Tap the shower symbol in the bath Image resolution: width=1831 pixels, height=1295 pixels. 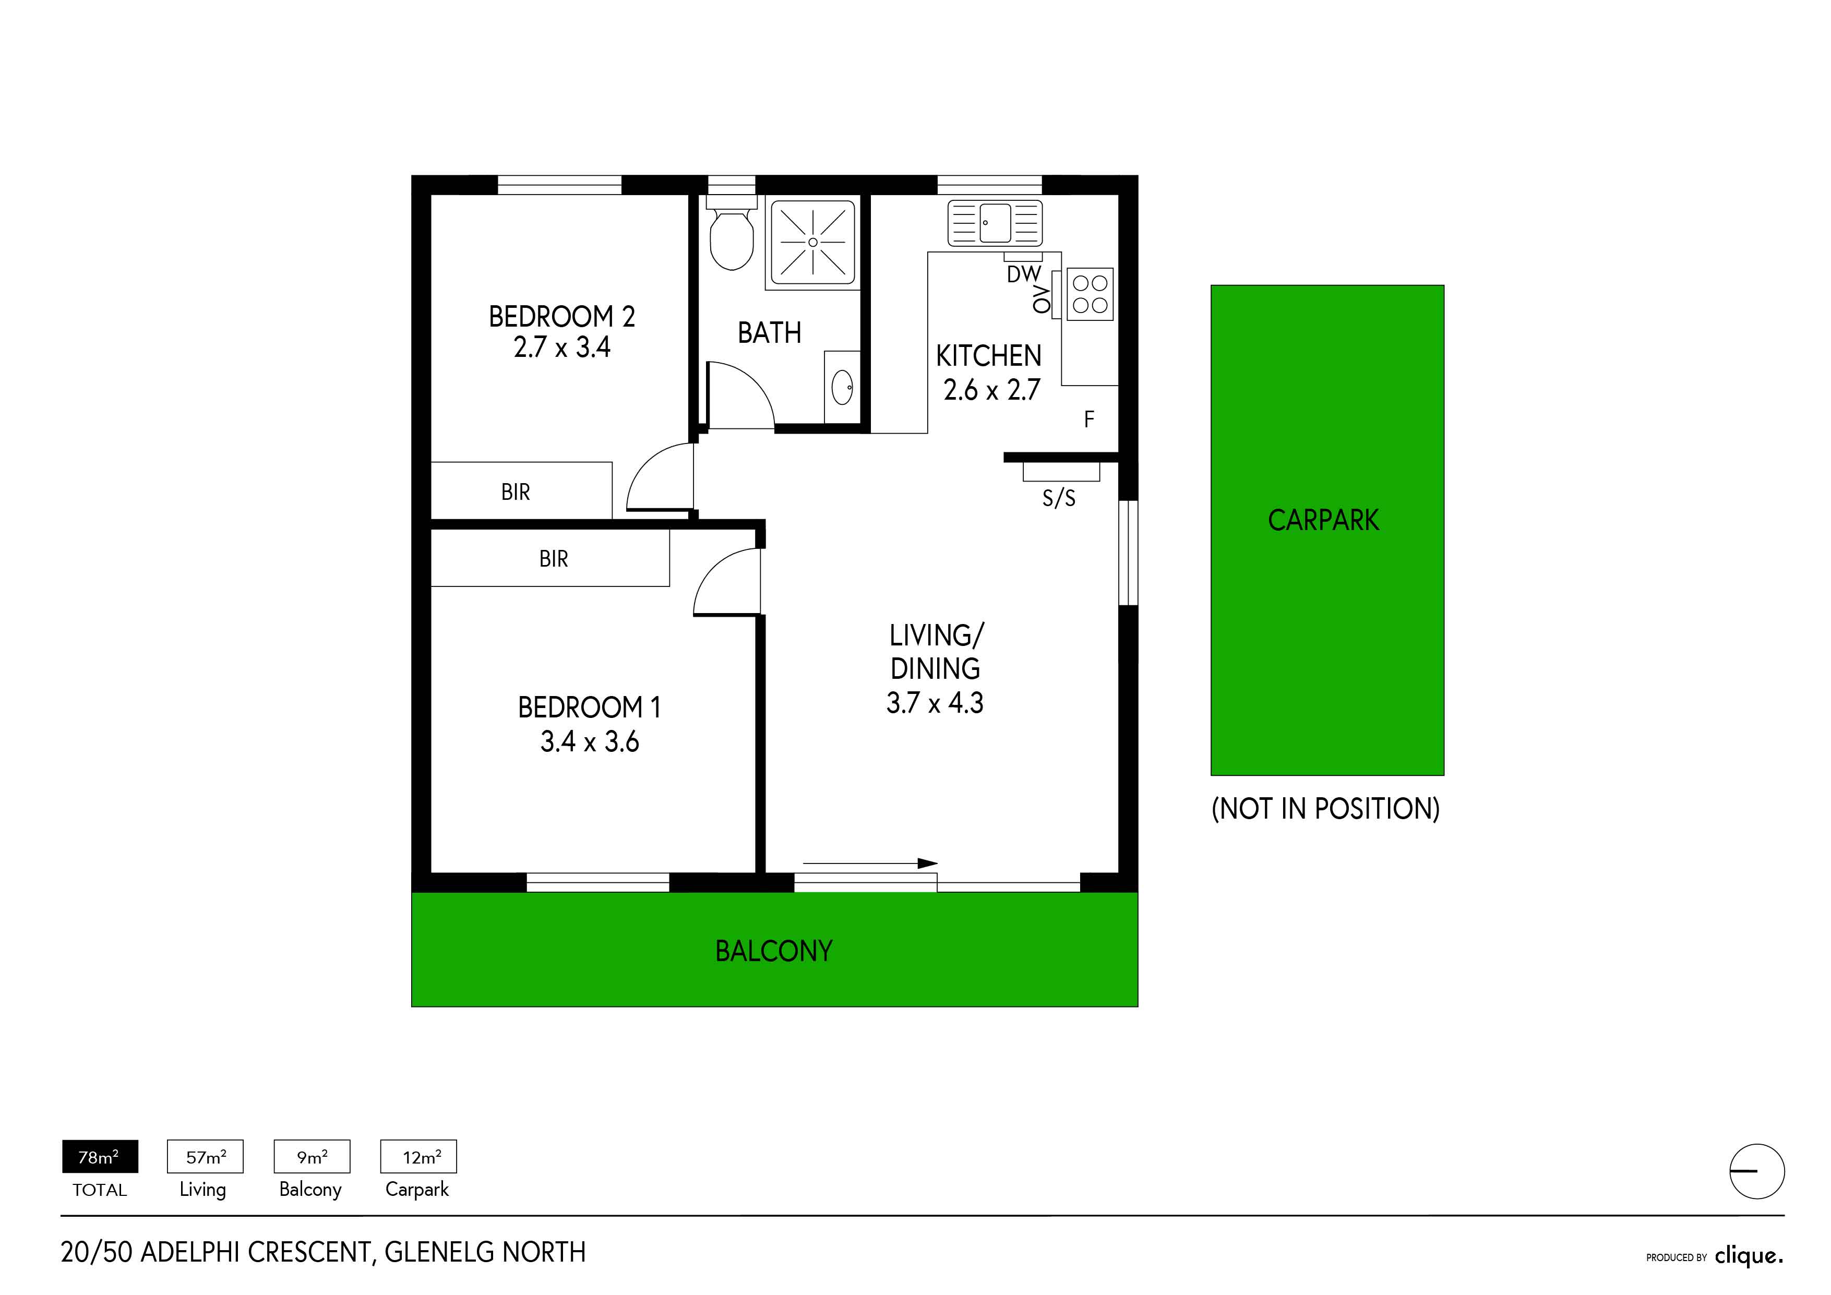[x=812, y=243]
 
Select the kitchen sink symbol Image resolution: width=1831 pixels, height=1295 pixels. [x=995, y=222]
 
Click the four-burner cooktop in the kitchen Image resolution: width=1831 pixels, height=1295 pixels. [x=1090, y=294]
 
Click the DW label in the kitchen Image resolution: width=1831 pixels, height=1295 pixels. [x=1024, y=274]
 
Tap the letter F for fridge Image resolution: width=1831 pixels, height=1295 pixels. [x=1090, y=419]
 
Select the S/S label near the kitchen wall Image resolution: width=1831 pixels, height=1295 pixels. [x=1059, y=498]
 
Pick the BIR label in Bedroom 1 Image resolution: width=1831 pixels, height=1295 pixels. [x=554, y=559]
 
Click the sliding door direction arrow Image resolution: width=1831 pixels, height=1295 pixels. [x=870, y=863]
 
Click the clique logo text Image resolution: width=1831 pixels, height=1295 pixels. [x=1749, y=1256]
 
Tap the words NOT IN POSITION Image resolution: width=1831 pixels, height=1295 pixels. [x=1325, y=809]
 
